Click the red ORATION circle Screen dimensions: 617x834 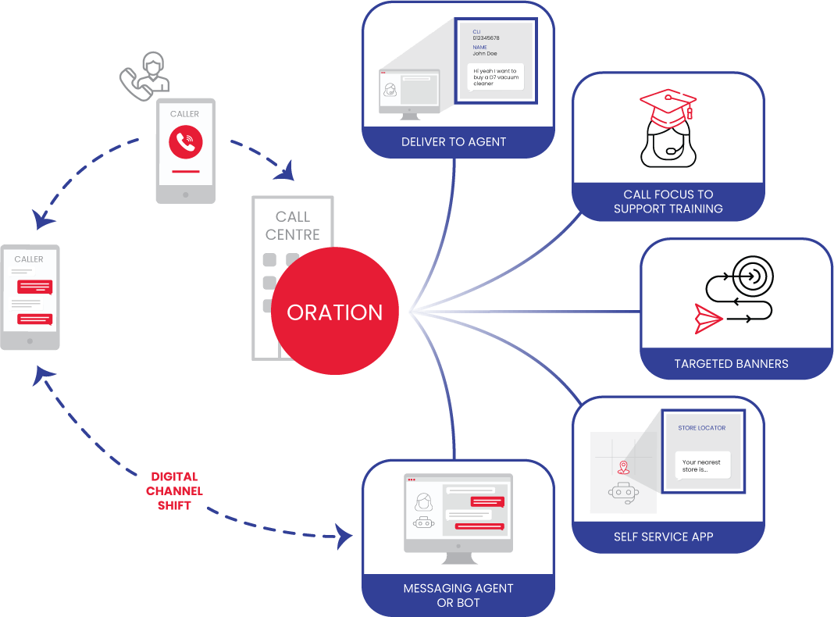tap(335, 312)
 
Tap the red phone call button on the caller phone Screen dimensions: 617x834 tap(185, 141)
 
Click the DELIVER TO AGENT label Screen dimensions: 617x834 tap(454, 141)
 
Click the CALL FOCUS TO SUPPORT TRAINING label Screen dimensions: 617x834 tap(668, 202)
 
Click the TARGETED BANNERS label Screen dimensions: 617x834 tap(731, 363)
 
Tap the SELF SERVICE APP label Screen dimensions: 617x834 tap(663, 537)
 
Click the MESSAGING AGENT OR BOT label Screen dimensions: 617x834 tap(458, 595)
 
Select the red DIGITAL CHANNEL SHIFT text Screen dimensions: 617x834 tap(174, 490)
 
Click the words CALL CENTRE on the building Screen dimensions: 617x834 tap(292, 225)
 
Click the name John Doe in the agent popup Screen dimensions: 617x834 tap(484, 54)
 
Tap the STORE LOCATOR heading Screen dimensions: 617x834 tap(701, 428)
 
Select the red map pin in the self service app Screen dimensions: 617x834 tap(623, 468)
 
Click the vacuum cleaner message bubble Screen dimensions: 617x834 tap(495, 77)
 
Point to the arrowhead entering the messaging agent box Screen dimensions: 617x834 tap(344, 535)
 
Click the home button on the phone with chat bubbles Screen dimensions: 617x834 tap(30, 341)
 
